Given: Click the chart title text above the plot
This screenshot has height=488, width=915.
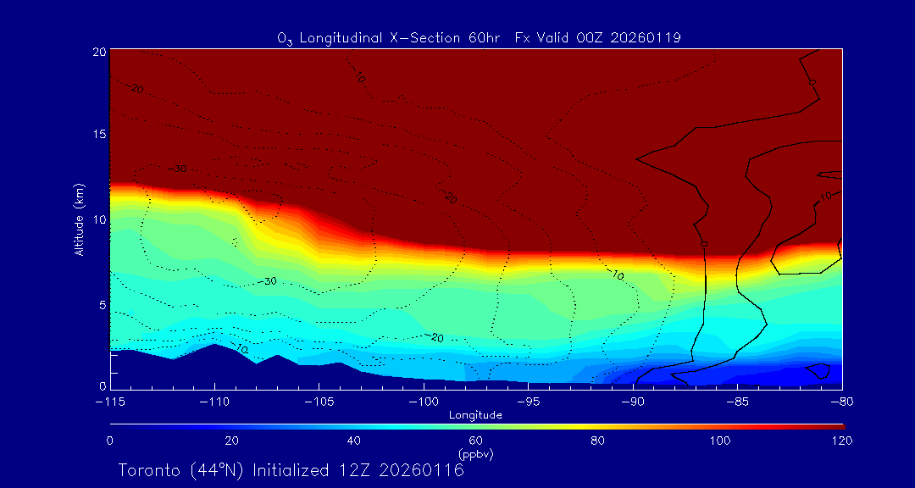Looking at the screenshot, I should (479, 37).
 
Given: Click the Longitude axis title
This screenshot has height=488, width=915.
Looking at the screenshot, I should (475, 415).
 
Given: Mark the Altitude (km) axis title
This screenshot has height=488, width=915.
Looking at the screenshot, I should (79, 219).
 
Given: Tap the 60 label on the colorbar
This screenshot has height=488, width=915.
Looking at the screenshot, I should (476, 441).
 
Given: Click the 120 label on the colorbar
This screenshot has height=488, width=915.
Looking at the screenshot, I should (841, 441).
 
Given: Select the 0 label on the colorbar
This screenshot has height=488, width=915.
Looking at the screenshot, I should (110, 441).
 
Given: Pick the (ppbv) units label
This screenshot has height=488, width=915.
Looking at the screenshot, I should (476, 454).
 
